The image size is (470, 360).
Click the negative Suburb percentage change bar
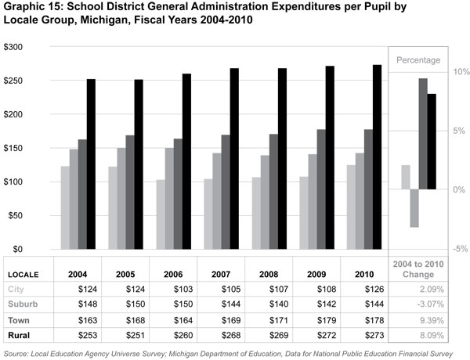coord(414,208)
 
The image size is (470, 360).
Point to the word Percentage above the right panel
coord(417,60)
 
